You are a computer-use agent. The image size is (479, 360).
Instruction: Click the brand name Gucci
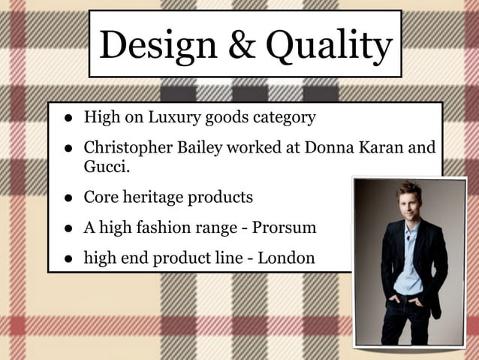(x=105, y=165)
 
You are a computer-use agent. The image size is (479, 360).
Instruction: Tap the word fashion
(x=169, y=226)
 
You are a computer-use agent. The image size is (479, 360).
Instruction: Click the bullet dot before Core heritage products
(x=68, y=199)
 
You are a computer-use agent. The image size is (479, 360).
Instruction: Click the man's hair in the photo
(x=409, y=188)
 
